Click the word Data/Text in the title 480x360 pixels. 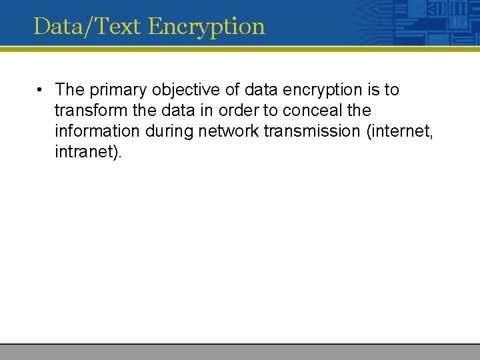tap(88, 27)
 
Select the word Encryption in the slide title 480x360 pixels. tap(207, 27)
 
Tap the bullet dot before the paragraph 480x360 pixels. tap(41, 89)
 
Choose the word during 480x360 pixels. tap(169, 131)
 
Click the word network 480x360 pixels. tap(229, 131)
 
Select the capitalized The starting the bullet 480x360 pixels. tap(69, 89)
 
